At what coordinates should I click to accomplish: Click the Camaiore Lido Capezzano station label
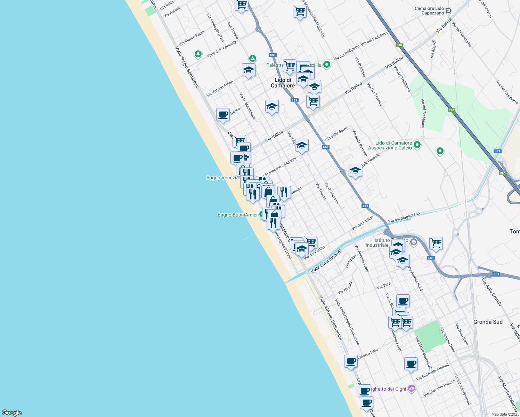pyautogui.click(x=429, y=11)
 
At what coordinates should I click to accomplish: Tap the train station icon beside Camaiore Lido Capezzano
pyautogui.click(x=448, y=11)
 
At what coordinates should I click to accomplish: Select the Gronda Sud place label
pyautogui.click(x=488, y=322)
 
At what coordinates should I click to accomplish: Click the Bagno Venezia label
pyautogui.click(x=222, y=178)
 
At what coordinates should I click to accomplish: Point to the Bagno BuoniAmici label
pyautogui.click(x=237, y=215)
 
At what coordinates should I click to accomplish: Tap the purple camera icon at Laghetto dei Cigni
pyautogui.click(x=412, y=388)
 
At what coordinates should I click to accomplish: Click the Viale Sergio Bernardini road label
pyautogui.click(x=187, y=67)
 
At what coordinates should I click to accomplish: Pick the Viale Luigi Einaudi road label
pyautogui.click(x=326, y=261)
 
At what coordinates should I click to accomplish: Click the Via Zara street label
pyautogui.click(x=384, y=286)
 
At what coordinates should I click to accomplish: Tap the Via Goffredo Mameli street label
pyautogui.click(x=432, y=371)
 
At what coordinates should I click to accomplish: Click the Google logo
pyautogui.click(x=11, y=412)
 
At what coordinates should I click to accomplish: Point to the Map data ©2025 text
pyautogui.click(x=505, y=414)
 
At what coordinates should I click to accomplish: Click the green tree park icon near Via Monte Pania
pyautogui.click(x=198, y=54)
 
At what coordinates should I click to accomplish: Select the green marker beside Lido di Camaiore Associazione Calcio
pyautogui.click(x=417, y=145)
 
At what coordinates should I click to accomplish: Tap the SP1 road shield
pyautogui.click(x=497, y=151)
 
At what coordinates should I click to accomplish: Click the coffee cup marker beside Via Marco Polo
pyautogui.click(x=351, y=361)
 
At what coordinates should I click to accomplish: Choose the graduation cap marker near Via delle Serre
pyautogui.click(x=302, y=145)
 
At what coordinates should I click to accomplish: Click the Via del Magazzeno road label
pyautogui.click(x=404, y=217)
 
